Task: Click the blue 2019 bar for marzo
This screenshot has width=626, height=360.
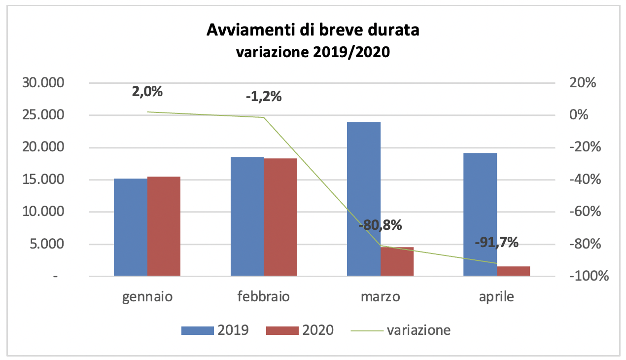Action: pos(364,199)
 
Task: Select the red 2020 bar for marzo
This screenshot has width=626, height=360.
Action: pos(397,261)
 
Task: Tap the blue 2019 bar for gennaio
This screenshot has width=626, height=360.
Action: pos(131,227)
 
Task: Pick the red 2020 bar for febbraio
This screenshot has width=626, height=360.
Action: pos(280,217)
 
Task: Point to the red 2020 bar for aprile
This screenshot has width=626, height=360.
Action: pos(513,271)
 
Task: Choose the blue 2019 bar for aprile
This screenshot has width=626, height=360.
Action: pos(480,215)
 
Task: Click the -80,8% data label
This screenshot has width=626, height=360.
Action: pos(381,226)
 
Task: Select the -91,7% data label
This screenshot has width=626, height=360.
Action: pos(497,242)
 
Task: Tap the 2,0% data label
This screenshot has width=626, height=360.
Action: pos(147,92)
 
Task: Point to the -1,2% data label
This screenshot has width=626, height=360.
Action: pos(264,97)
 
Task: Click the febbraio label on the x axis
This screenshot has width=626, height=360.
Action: pos(264,297)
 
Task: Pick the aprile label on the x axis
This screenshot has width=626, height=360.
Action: pos(496,297)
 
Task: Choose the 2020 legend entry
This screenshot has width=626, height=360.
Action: pos(300,330)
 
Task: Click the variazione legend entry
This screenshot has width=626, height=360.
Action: pos(400,330)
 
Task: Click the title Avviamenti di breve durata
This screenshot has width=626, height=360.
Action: pos(313,31)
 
